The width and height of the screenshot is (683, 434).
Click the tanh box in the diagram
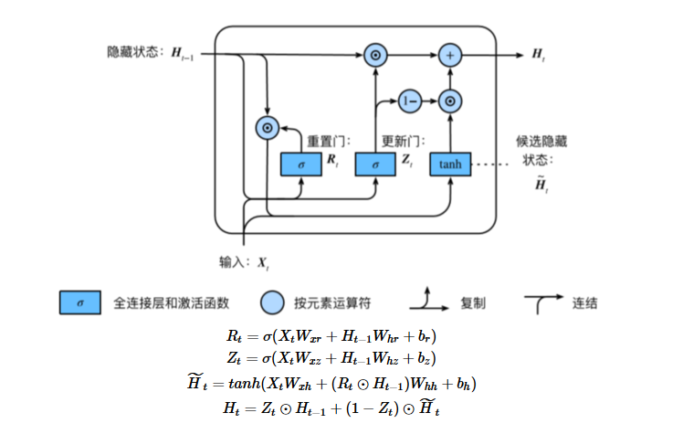point(450,164)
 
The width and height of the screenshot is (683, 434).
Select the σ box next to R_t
point(300,164)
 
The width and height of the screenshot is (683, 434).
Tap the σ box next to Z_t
point(375,164)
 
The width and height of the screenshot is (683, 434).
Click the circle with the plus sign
point(449,56)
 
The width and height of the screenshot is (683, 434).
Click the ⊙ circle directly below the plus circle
point(449,100)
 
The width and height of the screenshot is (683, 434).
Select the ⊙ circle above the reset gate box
point(267,129)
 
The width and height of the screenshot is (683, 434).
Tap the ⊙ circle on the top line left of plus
point(374,56)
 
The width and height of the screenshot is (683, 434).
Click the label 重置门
point(327,141)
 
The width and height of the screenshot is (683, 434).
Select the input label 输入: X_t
point(244,263)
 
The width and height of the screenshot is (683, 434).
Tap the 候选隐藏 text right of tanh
point(542,141)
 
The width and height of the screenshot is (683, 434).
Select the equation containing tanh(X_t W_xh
point(341,383)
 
